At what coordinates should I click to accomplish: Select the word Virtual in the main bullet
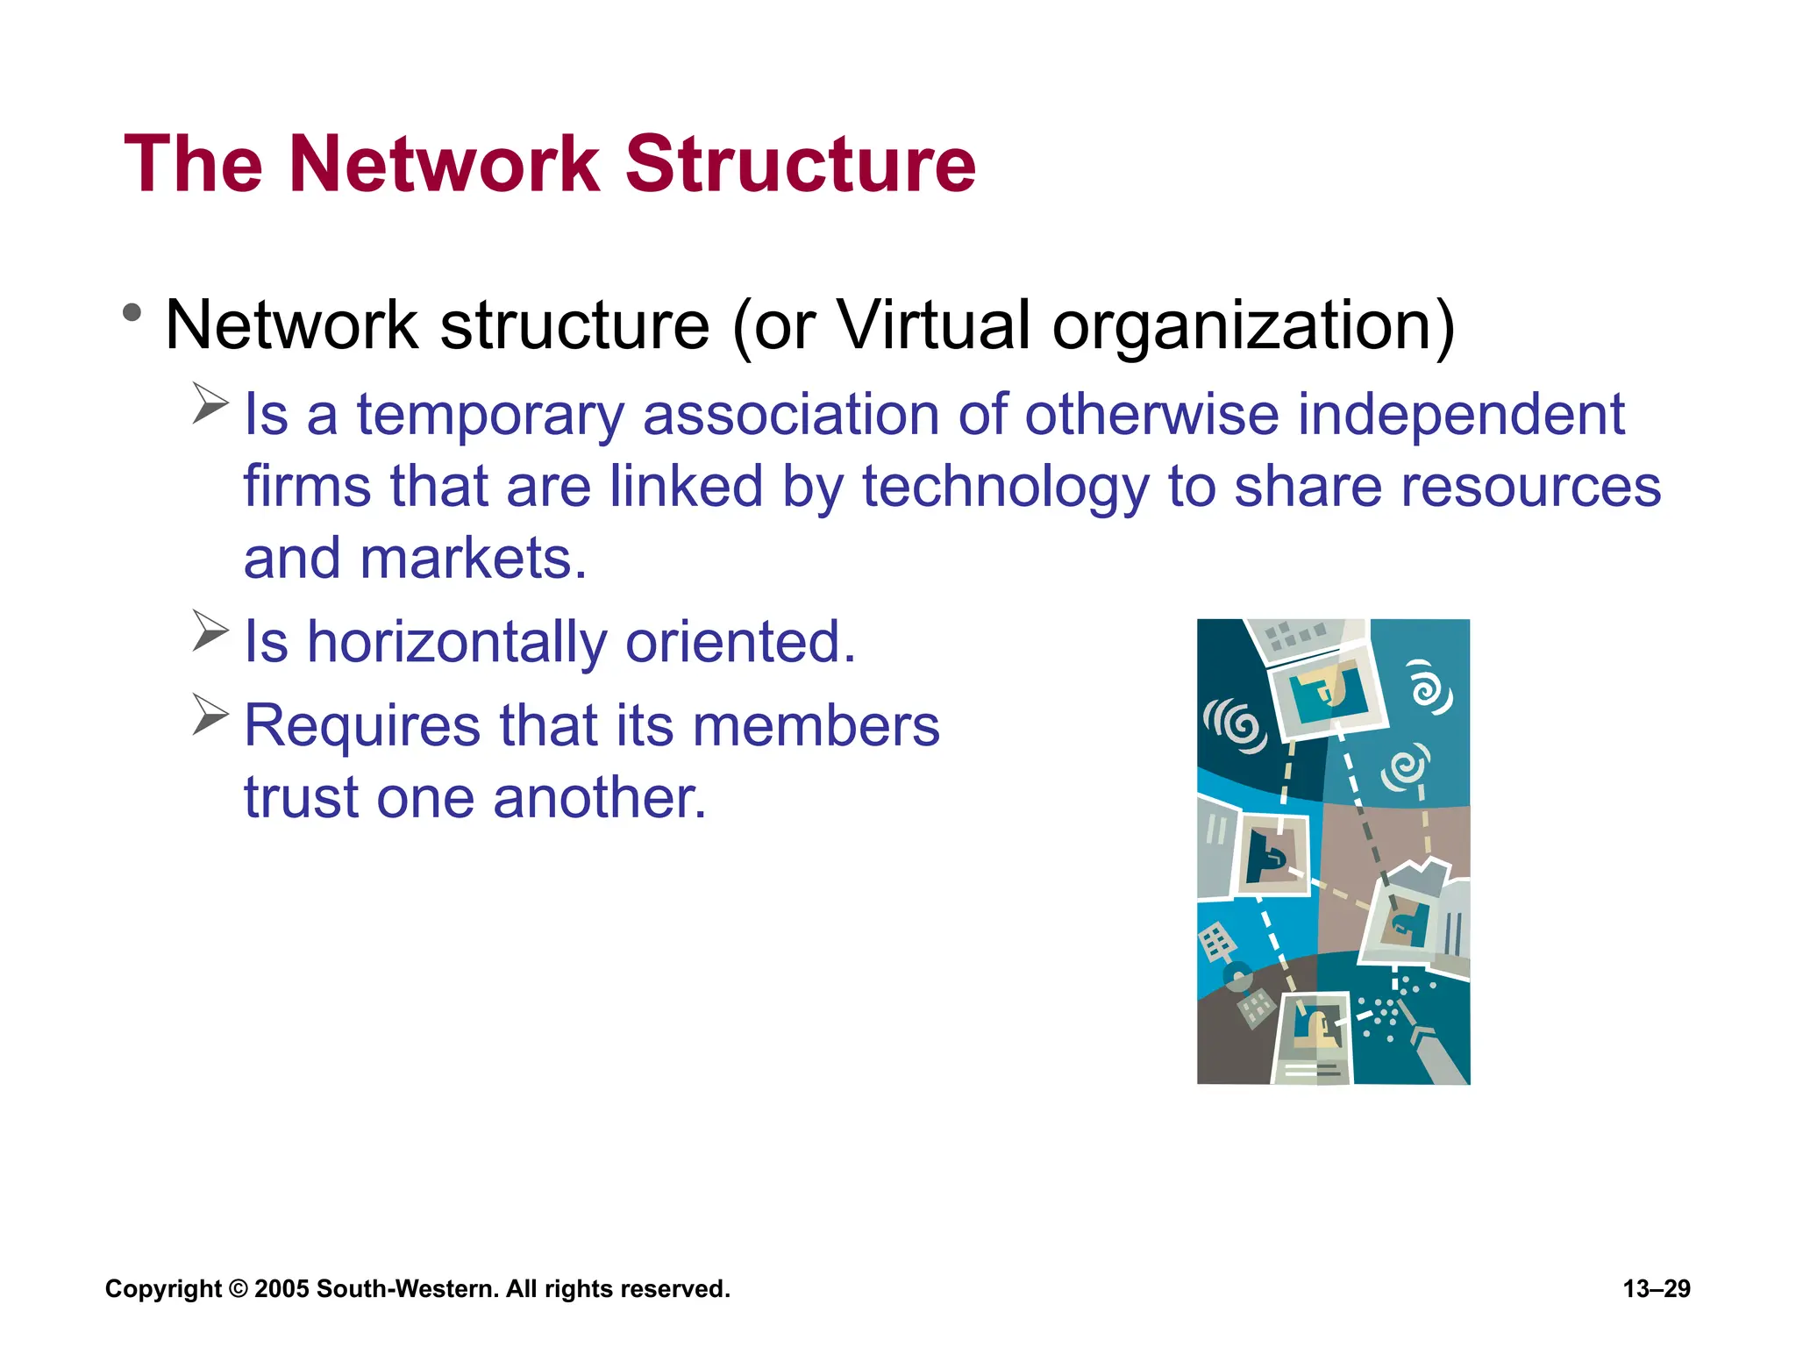[x=934, y=325]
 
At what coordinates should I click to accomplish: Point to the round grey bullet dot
[x=132, y=312]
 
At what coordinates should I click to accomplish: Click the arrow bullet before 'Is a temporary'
[x=210, y=403]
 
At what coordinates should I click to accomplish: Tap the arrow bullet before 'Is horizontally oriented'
[x=210, y=631]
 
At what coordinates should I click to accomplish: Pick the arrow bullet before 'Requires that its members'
[x=210, y=715]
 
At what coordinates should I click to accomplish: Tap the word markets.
[x=473, y=559]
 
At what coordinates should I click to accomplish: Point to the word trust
[x=301, y=797]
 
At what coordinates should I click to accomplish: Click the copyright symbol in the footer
[x=238, y=1289]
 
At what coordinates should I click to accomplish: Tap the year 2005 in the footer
[x=282, y=1289]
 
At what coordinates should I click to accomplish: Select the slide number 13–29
[x=1657, y=1289]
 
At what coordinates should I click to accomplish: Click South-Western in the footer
[x=407, y=1289]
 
